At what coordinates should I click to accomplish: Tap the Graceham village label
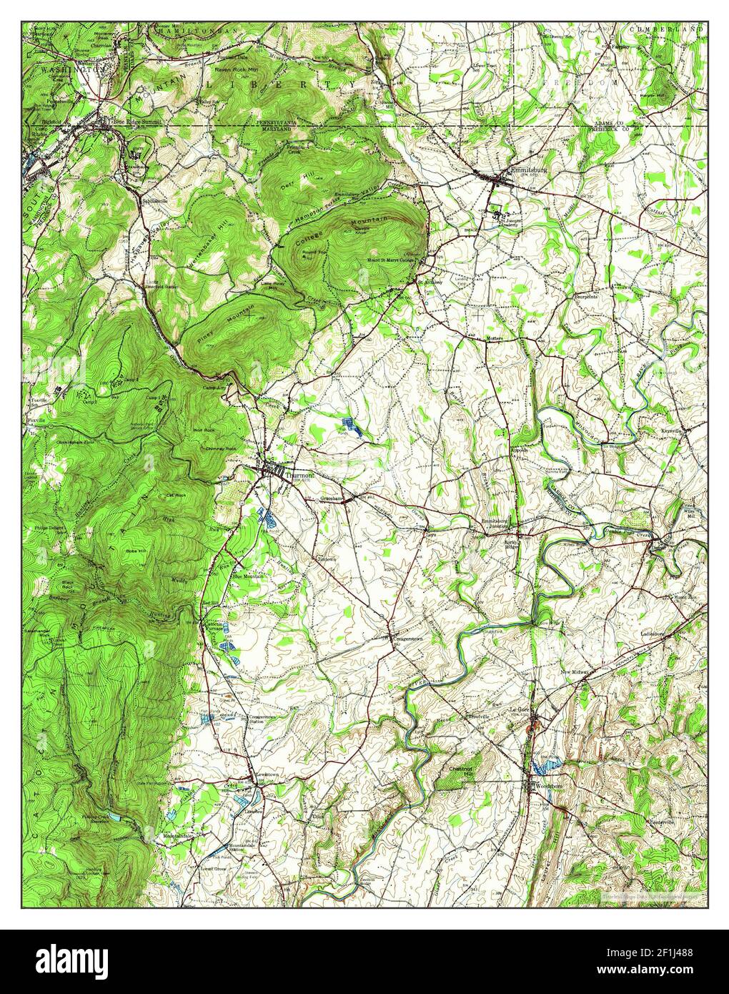pyautogui.click(x=333, y=496)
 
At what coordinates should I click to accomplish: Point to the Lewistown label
pyautogui.click(x=262, y=775)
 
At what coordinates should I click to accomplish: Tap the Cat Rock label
pyautogui.click(x=176, y=495)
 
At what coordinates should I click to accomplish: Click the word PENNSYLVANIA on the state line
pyautogui.click(x=277, y=122)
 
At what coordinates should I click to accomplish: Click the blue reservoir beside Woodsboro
pyautogui.click(x=545, y=767)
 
